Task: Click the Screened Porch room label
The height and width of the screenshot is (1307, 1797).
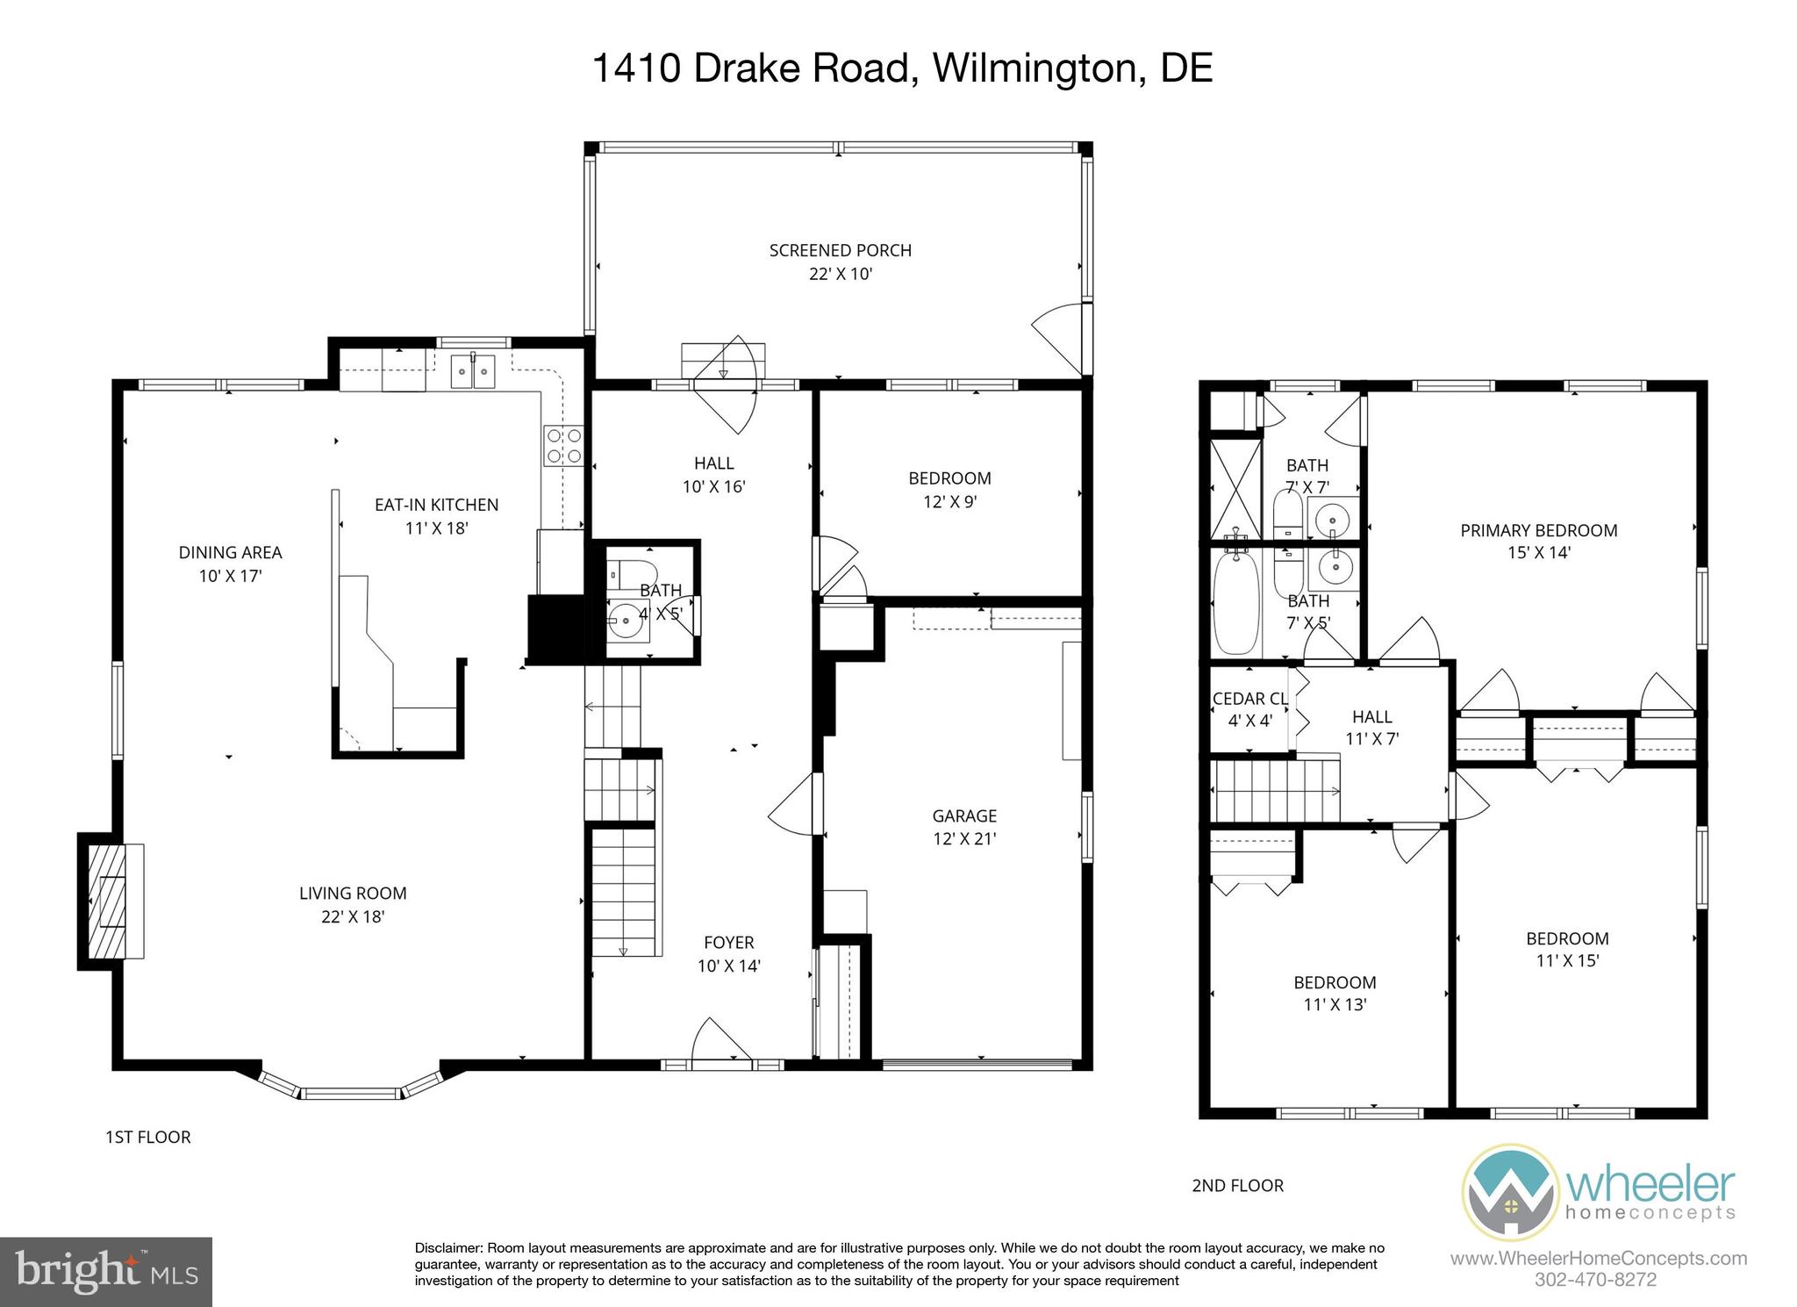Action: pyautogui.click(x=840, y=250)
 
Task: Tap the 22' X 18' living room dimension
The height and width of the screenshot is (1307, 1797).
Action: pyautogui.click(x=353, y=916)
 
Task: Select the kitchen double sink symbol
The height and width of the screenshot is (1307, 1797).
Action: pyautogui.click(x=473, y=371)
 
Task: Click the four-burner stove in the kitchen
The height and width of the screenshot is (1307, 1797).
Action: pyautogui.click(x=563, y=445)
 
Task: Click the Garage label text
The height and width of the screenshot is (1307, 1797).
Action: pyautogui.click(x=964, y=815)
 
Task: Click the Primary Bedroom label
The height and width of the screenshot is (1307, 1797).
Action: pyautogui.click(x=1538, y=530)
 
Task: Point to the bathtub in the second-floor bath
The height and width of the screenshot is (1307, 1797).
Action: pyautogui.click(x=1236, y=604)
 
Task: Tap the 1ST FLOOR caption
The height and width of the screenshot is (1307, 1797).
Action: pyautogui.click(x=147, y=1137)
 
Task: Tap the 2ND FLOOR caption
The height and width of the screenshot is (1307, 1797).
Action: pyautogui.click(x=1237, y=1185)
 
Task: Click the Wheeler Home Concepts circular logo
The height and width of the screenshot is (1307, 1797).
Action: pyautogui.click(x=1509, y=1192)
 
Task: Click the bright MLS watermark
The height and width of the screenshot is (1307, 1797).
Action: pyautogui.click(x=106, y=1271)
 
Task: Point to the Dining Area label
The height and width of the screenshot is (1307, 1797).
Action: pyautogui.click(x=230, y=552)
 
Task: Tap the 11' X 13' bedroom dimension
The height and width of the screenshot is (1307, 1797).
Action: pyautogui.click(x=1335, y=1005)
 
